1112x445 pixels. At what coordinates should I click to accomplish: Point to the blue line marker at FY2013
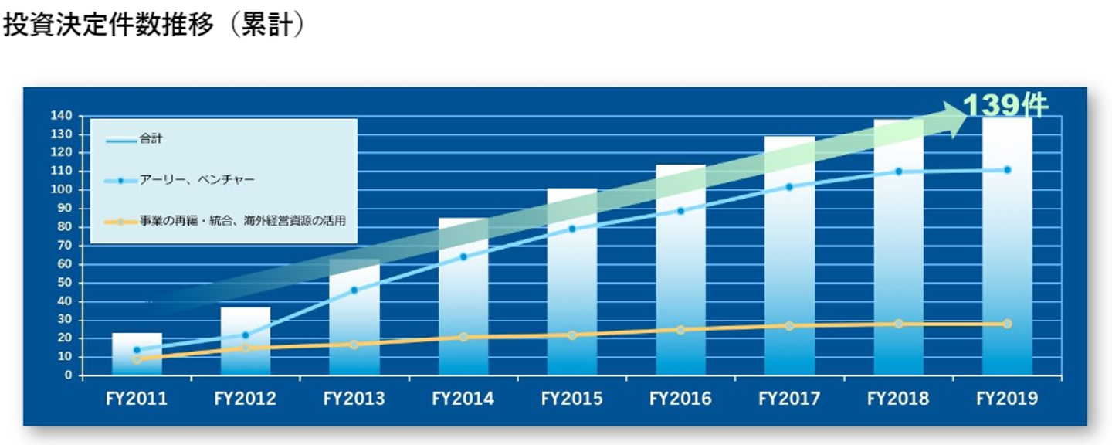click(354, 290)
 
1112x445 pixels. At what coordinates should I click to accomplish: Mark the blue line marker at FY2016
click(680, 211)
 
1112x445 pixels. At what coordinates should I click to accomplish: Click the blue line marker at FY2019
click(1007, 170)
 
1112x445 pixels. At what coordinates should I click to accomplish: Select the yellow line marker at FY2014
click(463, 337)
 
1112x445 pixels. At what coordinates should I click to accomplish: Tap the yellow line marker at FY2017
click(789, 326)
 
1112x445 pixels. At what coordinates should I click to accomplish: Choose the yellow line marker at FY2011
click(137, 359)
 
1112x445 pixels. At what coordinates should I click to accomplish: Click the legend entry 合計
click(151, 139)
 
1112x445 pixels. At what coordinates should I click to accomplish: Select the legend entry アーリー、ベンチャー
click(197, 180)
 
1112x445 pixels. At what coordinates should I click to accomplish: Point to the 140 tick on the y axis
click(63, 116)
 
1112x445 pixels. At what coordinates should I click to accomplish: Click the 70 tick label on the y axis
click(66, 246)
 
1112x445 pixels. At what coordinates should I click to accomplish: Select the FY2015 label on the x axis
click(571, 399)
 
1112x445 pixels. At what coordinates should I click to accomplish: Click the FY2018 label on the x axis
click(898, 399)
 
